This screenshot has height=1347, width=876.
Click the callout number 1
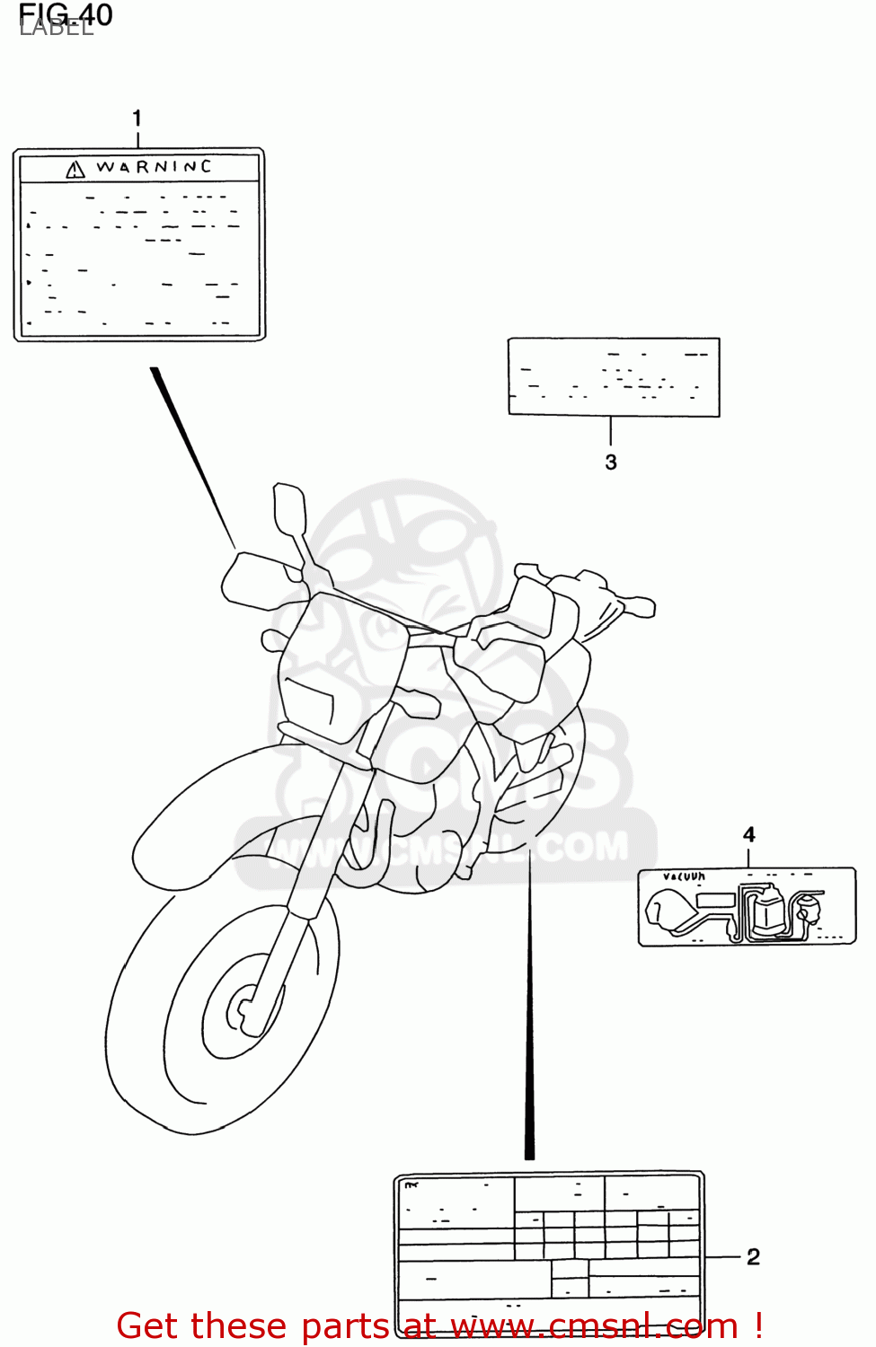pos(137,118)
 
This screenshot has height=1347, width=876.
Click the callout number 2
pos(753,1256)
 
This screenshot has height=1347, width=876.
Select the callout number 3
pos(611,462)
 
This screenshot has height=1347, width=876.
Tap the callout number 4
pos(749,834)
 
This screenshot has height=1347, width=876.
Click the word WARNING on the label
pos(154,167)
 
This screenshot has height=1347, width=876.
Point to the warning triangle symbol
pos(75,169)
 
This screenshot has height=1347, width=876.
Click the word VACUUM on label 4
pos(684,876)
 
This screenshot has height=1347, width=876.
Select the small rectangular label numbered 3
pos(614,377)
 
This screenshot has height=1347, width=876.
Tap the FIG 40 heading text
pos(66,14)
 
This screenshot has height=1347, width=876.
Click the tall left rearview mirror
pos(289,508)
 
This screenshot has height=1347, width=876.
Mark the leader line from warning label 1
pos(193,458)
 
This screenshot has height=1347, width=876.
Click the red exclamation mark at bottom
pos(758,1325)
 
